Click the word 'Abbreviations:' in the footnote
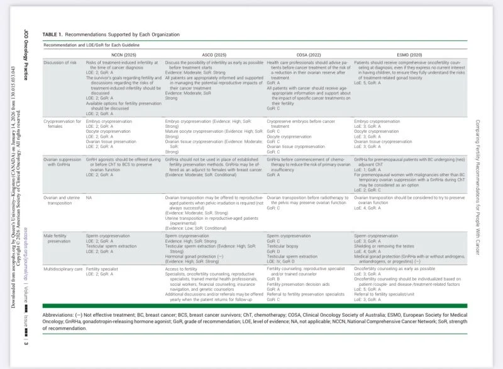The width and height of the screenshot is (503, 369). point(59,314)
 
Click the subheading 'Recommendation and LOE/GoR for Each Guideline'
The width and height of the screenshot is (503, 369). point(91,45)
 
